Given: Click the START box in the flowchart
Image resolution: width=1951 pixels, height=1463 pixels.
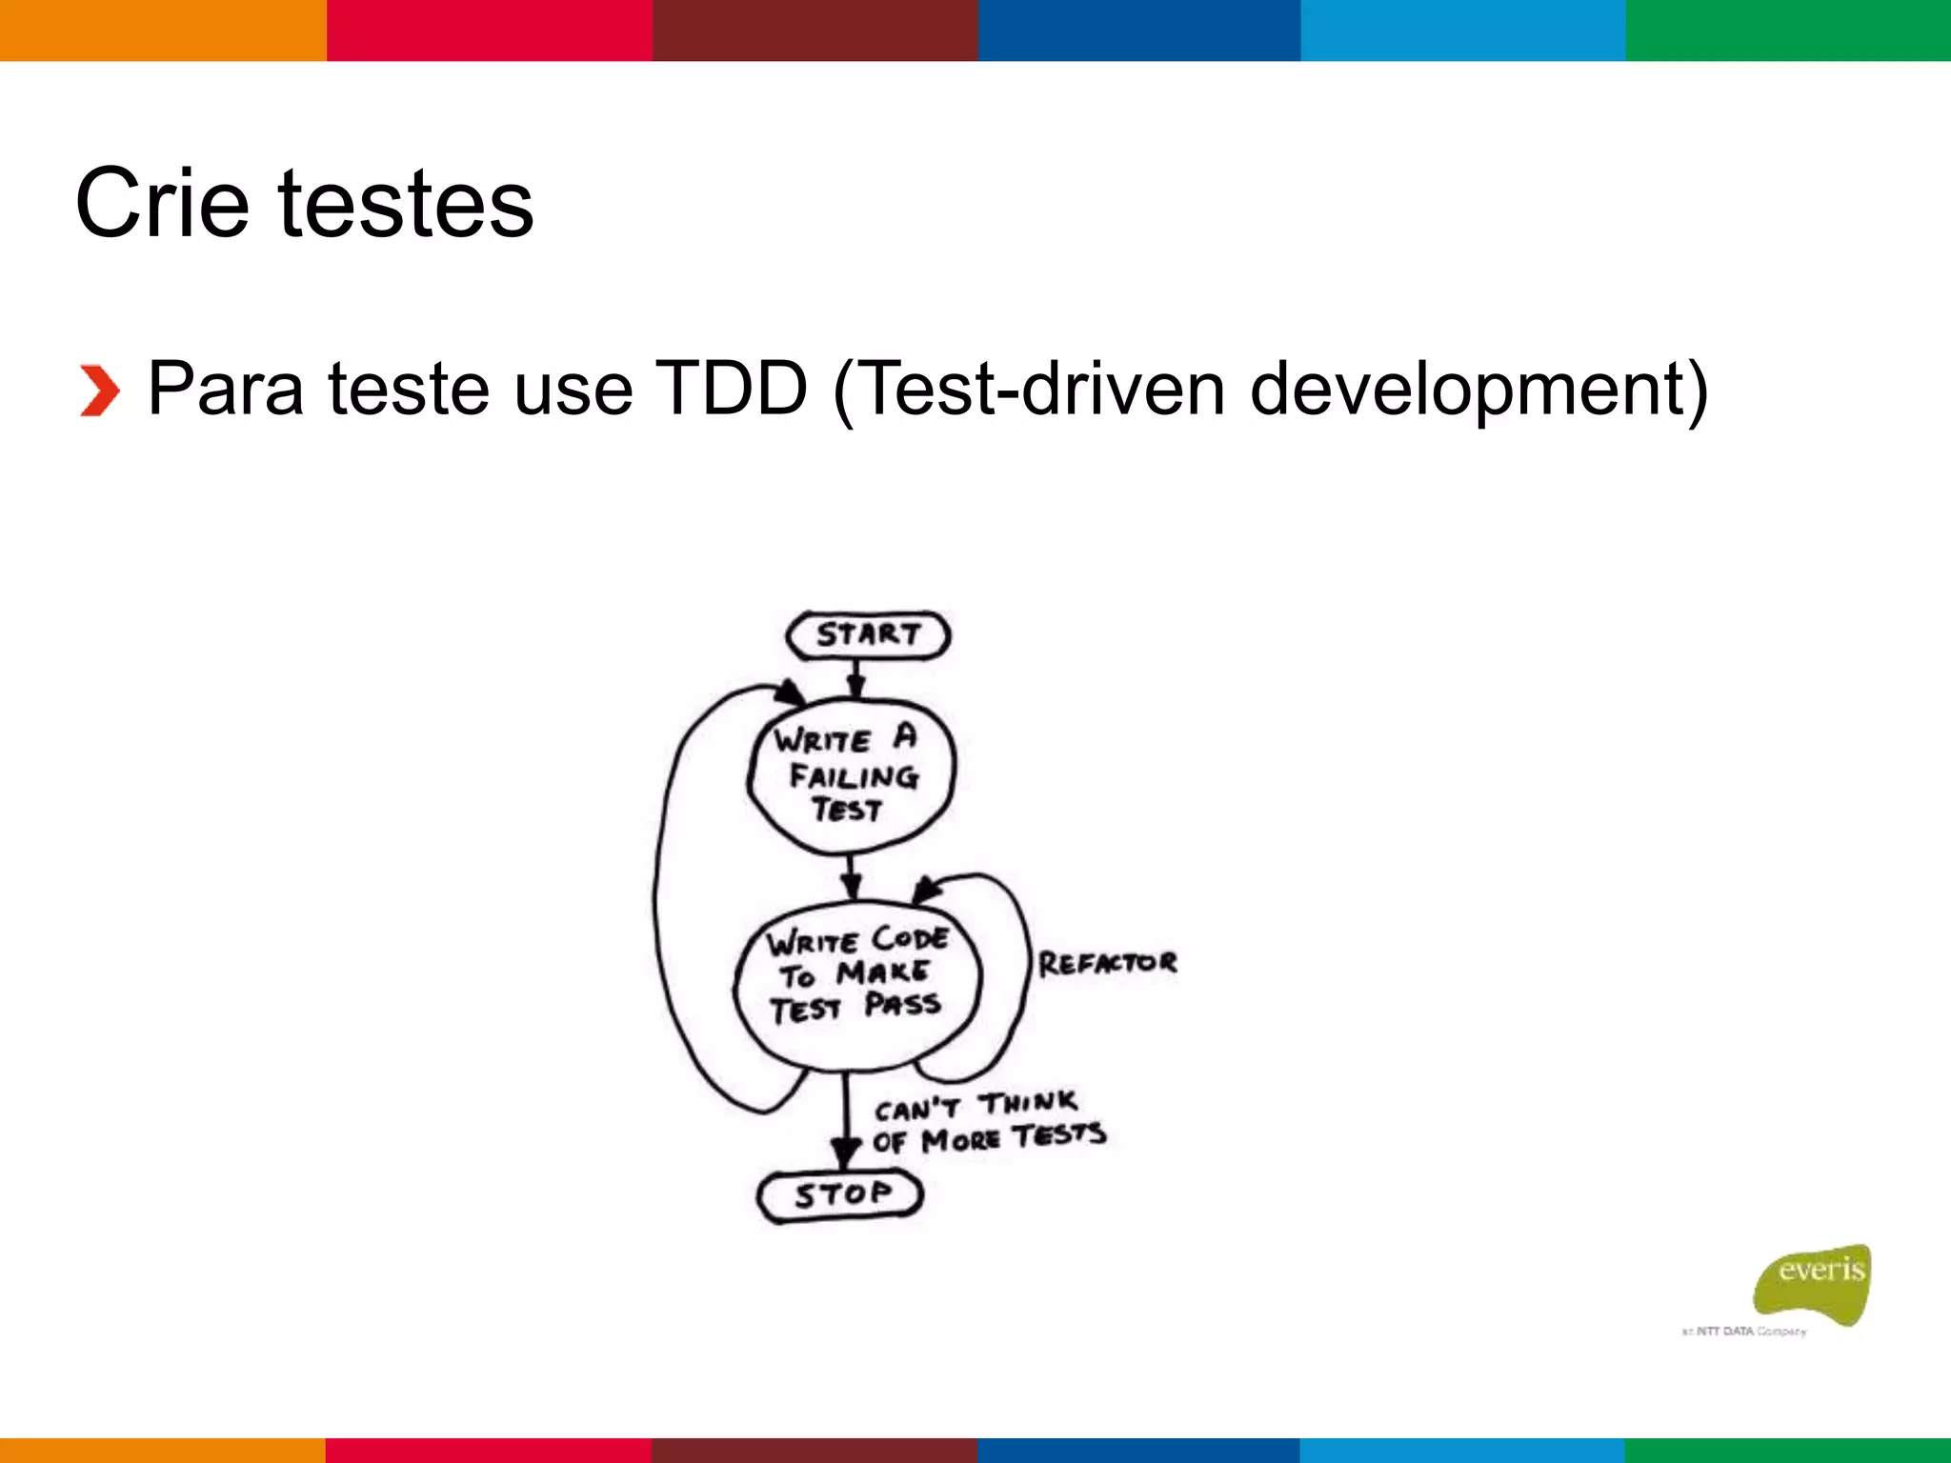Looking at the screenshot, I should [868, 635].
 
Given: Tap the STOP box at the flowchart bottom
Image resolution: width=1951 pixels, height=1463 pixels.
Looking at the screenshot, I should [841, 1194].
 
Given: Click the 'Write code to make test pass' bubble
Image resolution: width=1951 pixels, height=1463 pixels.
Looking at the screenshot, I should [857, 981].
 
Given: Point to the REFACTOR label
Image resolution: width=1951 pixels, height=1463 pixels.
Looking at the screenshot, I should [1107, 963].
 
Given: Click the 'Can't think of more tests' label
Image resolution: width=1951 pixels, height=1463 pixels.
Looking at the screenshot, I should [989, 1121].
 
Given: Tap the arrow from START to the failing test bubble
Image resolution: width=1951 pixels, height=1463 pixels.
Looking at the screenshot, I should [855, 679].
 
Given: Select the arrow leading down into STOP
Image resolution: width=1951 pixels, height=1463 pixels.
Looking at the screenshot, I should [845, 1124].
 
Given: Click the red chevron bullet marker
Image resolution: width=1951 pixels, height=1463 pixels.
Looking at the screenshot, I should [99, 391].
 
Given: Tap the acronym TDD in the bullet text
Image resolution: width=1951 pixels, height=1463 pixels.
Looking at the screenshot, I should [732, 389].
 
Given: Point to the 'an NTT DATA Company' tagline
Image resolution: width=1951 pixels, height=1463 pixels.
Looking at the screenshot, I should [1743, 1331].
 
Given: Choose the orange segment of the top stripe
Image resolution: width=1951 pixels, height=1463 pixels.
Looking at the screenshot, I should [163, 30].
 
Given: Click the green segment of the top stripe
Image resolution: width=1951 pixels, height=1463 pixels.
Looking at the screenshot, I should [1788, 30].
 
